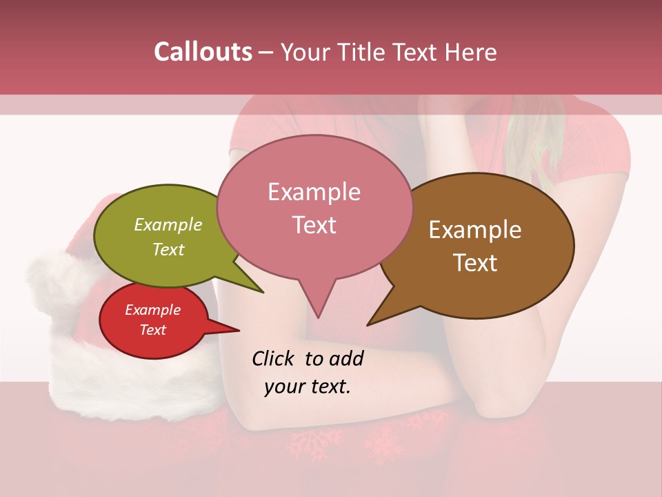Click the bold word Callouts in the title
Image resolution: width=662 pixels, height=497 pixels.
click(x=203, y=52)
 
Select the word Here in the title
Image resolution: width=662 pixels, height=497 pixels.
click(x=471, y=52)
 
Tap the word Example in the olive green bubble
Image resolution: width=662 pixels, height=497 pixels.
click(x=168, y=224)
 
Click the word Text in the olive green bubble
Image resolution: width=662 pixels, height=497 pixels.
click(x=168, y=249)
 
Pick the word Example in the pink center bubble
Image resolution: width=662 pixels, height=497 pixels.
click(x=314, y=191)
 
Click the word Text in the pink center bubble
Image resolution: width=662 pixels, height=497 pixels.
click(x=314, y=224)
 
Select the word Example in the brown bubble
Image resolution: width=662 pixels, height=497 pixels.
click(x=475, y=229)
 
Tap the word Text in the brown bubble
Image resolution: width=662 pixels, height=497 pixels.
click(x=475, y=262)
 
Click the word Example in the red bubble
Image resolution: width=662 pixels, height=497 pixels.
click(x=152, y=310)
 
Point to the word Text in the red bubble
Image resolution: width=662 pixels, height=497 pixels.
click(x=152, y=330)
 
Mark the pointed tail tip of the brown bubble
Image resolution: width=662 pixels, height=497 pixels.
click(x=368, y=324)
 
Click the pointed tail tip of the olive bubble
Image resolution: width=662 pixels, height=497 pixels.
click(x=263, y=292)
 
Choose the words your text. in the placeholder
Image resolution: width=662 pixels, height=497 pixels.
click(x=307, y=386)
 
